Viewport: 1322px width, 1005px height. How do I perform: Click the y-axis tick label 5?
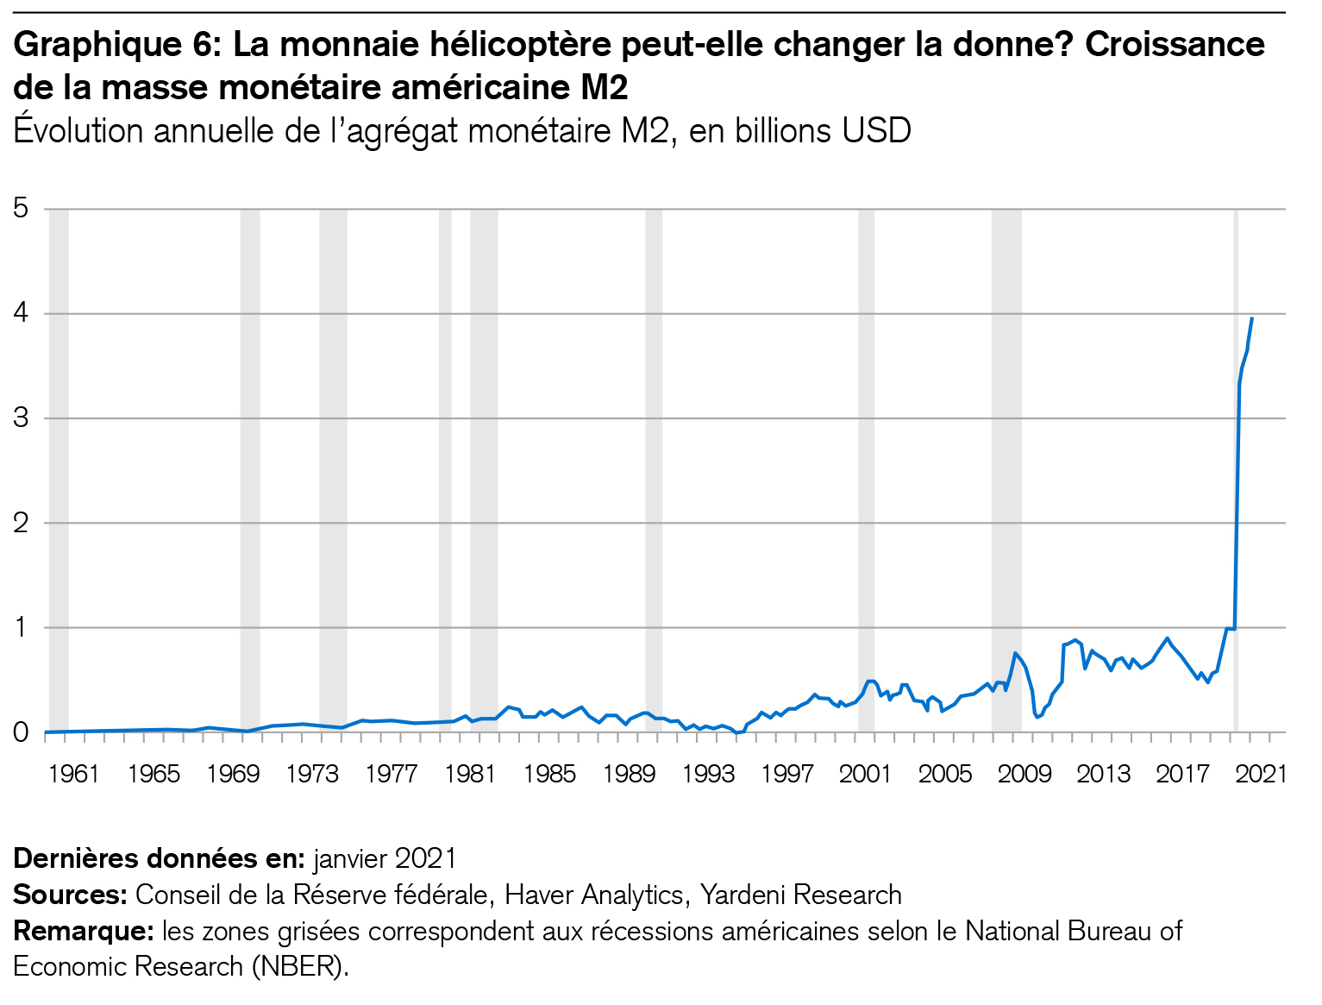click(21, 208)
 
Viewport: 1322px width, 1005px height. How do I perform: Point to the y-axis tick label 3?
click(21, 418)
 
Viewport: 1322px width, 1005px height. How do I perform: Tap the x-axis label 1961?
click(73, 774)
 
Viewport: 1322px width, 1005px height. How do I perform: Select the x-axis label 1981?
click(470, 774)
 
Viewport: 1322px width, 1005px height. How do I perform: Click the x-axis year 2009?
click(1024, 774)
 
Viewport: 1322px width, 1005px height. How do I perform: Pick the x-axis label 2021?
click(1262, 774)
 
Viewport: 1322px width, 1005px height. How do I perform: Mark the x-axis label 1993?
click(708, 774)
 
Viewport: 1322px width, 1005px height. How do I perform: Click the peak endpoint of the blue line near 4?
click(1251, 318)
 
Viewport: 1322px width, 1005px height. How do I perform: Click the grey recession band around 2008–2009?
click(1006, 466)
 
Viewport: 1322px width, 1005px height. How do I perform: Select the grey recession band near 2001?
click(866, 466)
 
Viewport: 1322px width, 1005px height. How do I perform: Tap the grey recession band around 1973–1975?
click(333, 466)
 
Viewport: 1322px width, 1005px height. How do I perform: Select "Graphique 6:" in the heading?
click(117, 44)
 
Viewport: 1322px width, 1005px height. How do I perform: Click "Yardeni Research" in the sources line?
click(800, 895)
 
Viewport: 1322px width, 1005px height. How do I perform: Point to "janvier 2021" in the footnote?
click(385, 858)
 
